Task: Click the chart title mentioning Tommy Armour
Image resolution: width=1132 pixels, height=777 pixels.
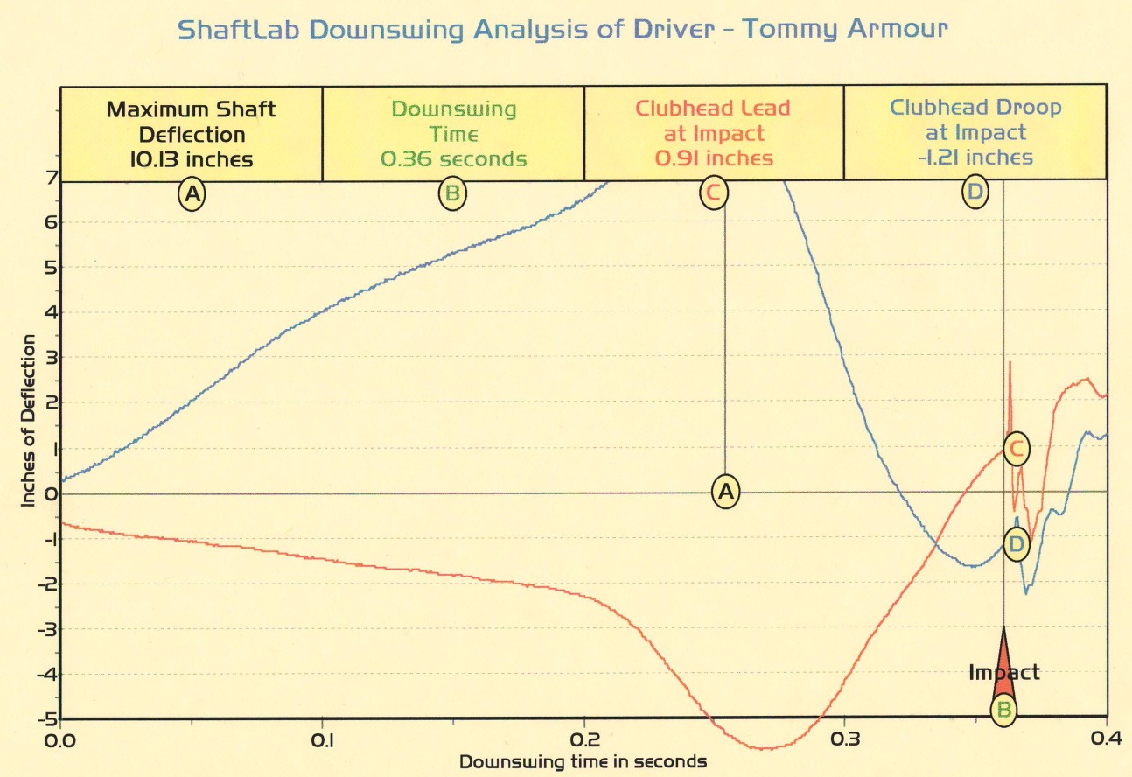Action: click(x=563, y=30)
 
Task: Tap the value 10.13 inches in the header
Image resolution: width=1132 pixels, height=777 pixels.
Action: click(x=191, y=158)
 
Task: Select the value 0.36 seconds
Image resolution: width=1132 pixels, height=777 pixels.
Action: click(x=453, y=158)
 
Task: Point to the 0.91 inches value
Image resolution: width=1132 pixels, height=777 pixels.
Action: click(x=713, y=158)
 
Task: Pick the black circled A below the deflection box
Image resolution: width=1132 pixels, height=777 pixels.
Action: click(x=192, y=194)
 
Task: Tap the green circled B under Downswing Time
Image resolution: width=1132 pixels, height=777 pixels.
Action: click(x=452, y=194)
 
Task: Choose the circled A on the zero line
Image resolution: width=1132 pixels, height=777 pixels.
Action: click(x=725, y=492)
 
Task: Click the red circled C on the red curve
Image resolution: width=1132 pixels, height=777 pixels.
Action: click(x=1016, y=450)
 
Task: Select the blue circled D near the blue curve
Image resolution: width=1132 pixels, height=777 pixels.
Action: click(x=1016, y=544)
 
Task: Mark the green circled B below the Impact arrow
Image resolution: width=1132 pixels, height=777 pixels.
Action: click(x=1004, y=710)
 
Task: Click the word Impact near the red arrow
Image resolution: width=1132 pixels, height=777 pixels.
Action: click(x=1003, y=672)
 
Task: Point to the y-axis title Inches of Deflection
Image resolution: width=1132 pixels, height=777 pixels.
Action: click(x=28, y=421)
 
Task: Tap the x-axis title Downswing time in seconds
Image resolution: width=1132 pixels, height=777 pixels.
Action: click(x=583, y=762)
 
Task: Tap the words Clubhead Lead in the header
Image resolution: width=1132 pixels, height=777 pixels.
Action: click(x=713, y=109)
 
